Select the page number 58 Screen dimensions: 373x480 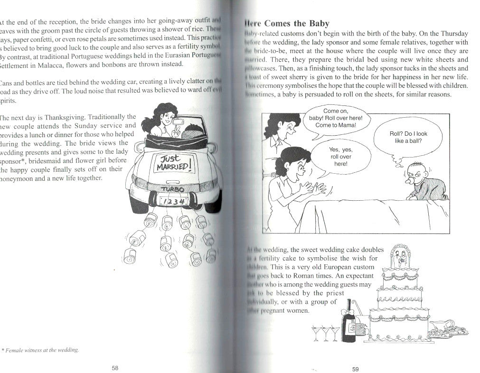tap(114, 368)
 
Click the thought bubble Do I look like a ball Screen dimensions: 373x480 tap(408, 137)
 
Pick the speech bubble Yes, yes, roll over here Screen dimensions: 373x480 tap(340, 157)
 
